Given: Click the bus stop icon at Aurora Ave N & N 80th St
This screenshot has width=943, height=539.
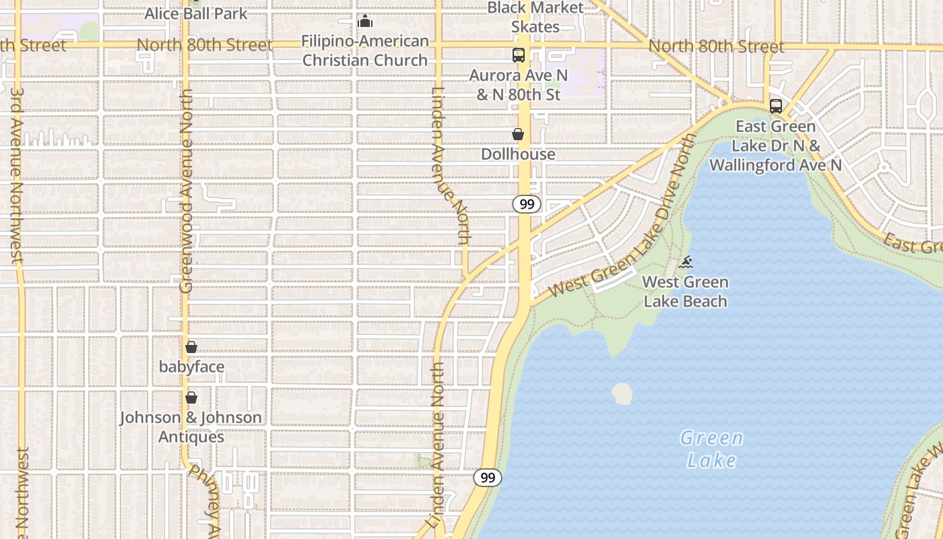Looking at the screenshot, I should [x=518, y=55].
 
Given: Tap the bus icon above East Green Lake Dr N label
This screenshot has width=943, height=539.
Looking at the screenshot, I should [x=776, y=106].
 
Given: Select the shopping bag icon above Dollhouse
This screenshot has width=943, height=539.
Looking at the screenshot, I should [x=518, y=134].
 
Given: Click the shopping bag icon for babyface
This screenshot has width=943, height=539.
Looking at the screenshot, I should [x=191, y=347].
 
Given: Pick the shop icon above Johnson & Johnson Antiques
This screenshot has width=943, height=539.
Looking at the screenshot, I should [x=191, y=398].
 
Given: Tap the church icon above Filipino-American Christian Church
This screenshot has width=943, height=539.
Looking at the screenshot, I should [x=365, y=21].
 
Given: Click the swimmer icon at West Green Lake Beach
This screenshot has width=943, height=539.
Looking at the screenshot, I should [x=686, y=262].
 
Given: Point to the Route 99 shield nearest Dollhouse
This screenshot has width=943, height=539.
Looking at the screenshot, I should [x=527, y=204].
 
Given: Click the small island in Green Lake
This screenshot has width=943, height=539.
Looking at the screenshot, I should [x=622, y=393].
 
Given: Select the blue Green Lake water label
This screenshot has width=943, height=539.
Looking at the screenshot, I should [x=711, y=449].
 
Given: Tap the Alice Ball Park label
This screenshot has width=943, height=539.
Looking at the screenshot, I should [x=196, y=13].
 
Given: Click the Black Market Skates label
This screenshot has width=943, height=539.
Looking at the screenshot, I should [x=535, y=18].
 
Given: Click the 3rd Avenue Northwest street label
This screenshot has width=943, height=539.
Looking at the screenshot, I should [x=17, y=175].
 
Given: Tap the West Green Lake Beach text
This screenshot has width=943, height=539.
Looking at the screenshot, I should [x=685, y=292].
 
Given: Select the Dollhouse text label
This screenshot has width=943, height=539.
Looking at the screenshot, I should [x=518, y=154].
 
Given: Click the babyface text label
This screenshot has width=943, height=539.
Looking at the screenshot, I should [x=191, y=367].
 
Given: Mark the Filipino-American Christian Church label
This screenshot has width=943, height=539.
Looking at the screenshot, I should [x=365, y=51].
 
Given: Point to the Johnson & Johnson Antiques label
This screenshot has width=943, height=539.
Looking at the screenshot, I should [x=191, y=427].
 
